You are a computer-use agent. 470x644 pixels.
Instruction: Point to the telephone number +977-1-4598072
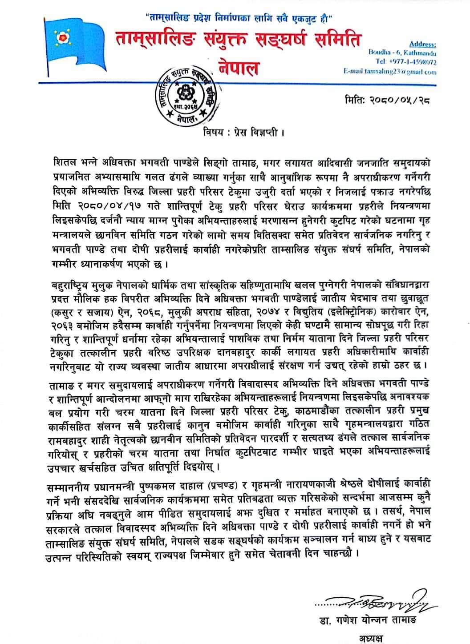tap(412, 62)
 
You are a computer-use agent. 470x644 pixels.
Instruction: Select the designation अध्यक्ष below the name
tap(374, 638)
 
